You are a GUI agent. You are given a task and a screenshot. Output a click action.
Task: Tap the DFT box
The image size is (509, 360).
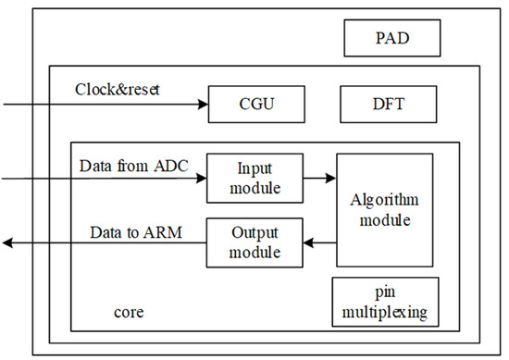coord(388,104)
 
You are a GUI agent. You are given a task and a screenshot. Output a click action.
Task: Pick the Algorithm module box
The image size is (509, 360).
coord(384,210)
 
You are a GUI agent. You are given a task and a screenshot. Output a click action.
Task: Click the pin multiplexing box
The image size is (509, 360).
coord(385,302)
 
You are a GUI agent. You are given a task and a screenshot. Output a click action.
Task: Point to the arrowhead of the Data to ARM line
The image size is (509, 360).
coord(7,242)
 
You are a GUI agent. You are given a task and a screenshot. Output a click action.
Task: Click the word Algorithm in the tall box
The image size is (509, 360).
coord(384,199)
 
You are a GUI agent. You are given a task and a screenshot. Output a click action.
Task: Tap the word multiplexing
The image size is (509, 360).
coord(385,312)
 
